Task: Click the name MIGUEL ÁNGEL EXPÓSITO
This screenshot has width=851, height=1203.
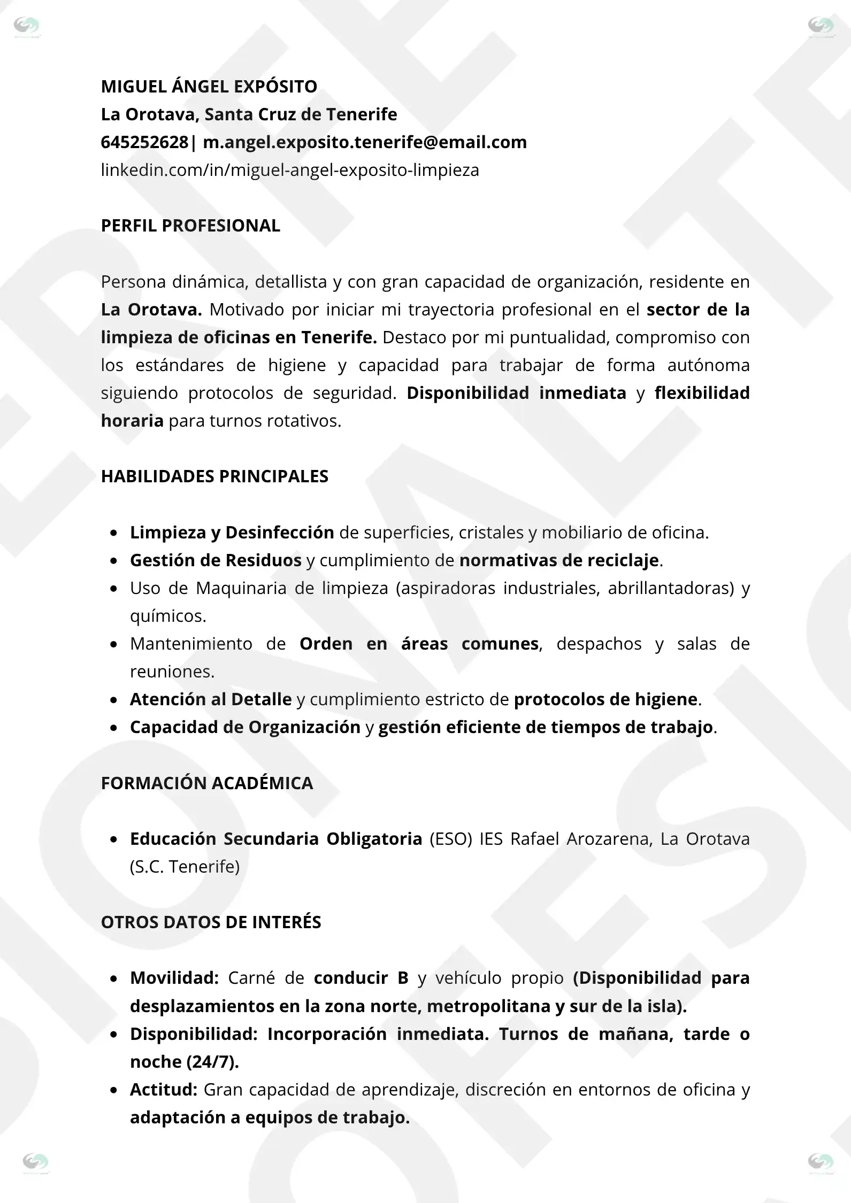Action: click(209, 87)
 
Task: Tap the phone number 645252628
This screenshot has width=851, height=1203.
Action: click(144, 142)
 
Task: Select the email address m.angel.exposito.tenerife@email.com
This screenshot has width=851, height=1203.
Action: click(365, 142)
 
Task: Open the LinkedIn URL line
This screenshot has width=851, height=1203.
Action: click(290, 170)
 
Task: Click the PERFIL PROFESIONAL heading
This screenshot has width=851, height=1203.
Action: click(190, 226)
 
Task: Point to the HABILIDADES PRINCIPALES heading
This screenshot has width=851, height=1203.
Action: click(214, 476)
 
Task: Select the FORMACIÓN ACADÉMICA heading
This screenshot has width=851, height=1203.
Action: click(207, 783)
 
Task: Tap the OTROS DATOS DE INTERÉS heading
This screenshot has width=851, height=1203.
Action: click(211, 922)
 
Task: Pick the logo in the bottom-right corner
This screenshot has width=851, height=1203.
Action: click(821, 1162)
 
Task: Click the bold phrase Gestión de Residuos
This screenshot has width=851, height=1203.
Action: click(216, 560)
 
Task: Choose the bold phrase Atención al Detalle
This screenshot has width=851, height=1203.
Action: click(211, 699)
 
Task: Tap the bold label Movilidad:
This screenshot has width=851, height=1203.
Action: click(174, 978)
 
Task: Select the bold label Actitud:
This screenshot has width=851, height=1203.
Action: click(164, 1089)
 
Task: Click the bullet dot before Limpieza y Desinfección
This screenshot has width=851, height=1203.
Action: click(113, 533)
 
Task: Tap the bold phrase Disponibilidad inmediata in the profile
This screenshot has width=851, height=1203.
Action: click(516, 393)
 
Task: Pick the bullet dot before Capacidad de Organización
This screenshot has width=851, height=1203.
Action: click(113, 728)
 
